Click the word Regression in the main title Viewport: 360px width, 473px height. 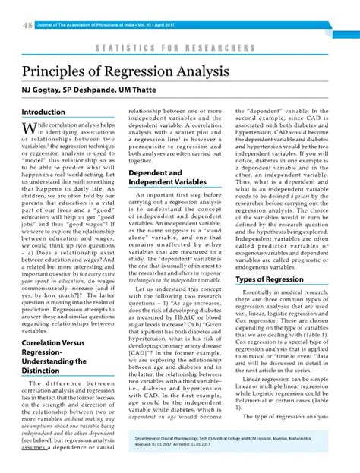pos(140,71)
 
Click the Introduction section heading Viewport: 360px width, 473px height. pos(43,112)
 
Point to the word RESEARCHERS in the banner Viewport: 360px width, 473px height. pos(220,48)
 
